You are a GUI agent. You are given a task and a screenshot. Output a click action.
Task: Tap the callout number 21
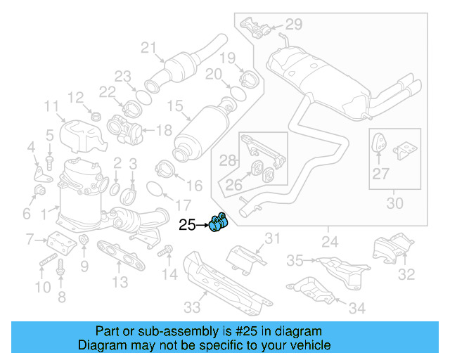tap(147, 48)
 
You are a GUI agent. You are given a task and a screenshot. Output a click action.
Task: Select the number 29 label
tap(293, 25)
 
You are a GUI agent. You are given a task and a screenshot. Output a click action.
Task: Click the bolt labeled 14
tap(166, 250)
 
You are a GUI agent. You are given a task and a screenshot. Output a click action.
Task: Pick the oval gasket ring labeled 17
tap(157, 188)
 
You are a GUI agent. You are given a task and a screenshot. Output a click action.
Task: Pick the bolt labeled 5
tap(50, 161)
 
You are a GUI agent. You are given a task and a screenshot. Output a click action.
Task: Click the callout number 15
tap(174, 108)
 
